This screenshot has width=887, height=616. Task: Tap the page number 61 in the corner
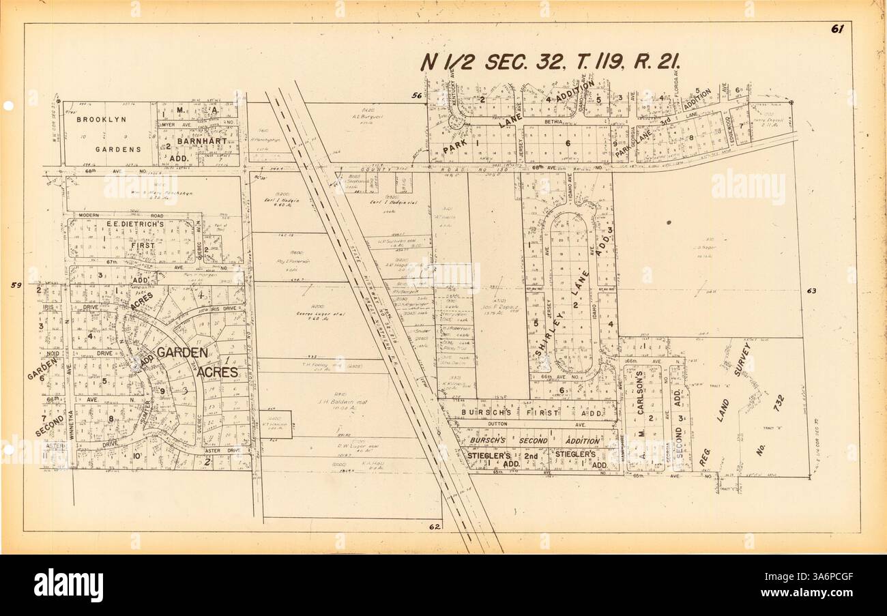(x=837, y=29)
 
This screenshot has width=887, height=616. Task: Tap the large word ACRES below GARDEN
(x=218, y=372)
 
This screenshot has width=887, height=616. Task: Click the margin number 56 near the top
(x=416, y=97)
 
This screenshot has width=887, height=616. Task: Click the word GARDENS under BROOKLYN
(x=118, y=148)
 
